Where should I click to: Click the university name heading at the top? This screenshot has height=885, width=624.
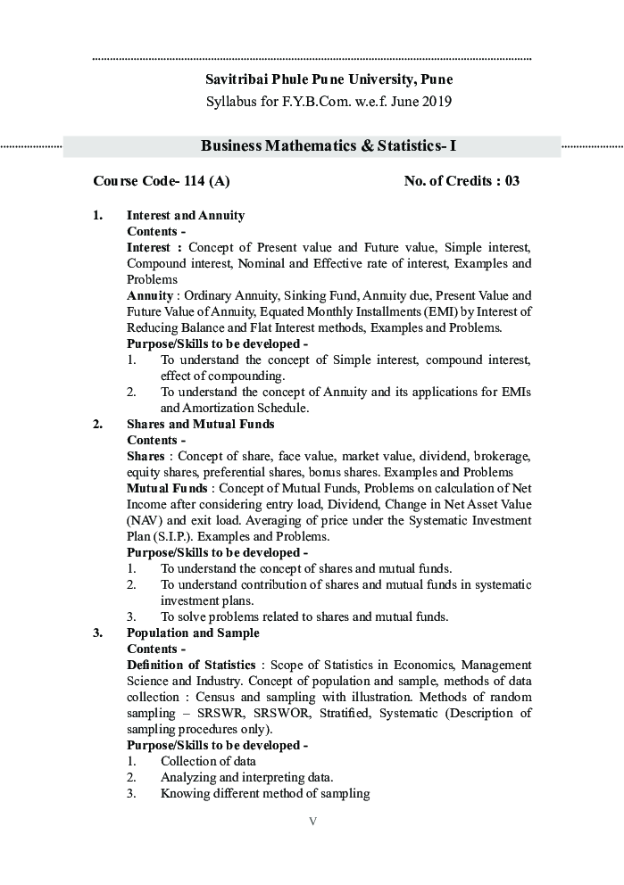(329, 79)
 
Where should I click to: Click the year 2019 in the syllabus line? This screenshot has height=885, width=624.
(433, 101)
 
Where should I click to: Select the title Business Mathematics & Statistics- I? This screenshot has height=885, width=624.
(329, 146)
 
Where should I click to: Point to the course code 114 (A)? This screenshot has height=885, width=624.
(206, 181)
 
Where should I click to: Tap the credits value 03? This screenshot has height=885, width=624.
(512, 181)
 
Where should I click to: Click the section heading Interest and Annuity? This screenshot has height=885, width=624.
(186, 215)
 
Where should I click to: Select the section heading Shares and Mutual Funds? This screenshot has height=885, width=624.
(201, 424)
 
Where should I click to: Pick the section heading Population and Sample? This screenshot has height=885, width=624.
(193, 633)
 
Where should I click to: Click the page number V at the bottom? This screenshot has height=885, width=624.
(312, 822)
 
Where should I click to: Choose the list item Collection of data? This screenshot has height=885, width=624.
(208, 761)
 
